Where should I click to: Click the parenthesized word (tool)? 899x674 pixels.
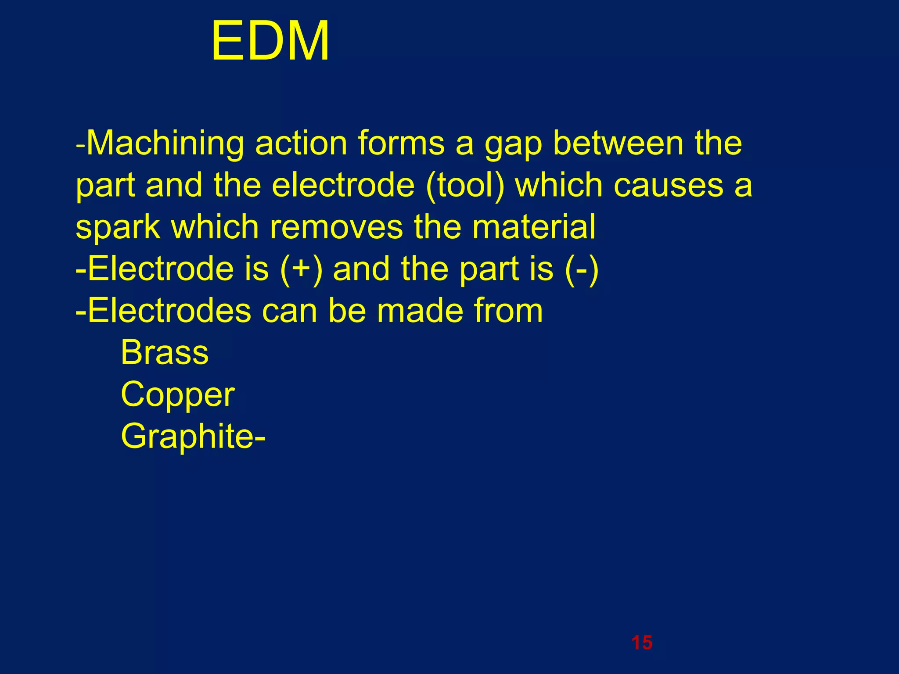(465, 186)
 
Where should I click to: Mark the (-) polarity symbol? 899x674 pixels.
(582, 269)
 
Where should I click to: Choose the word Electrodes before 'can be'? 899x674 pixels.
(169, 311)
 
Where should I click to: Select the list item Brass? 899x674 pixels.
(165, 352)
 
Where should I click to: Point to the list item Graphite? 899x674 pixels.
(187, 437)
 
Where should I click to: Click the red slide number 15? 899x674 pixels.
(642, 643)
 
